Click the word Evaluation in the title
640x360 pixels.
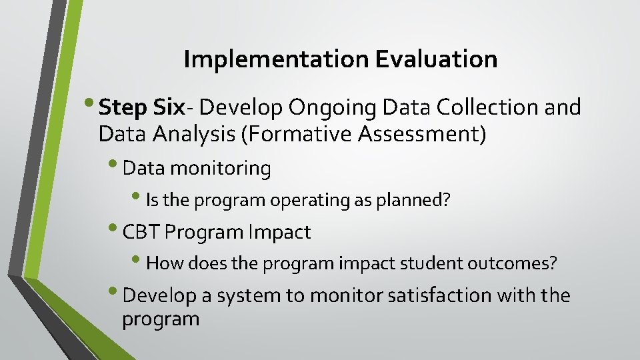pyautogui.click(x=436, y=60)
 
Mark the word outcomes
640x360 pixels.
pyautogui.click(x=511, y=263)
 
